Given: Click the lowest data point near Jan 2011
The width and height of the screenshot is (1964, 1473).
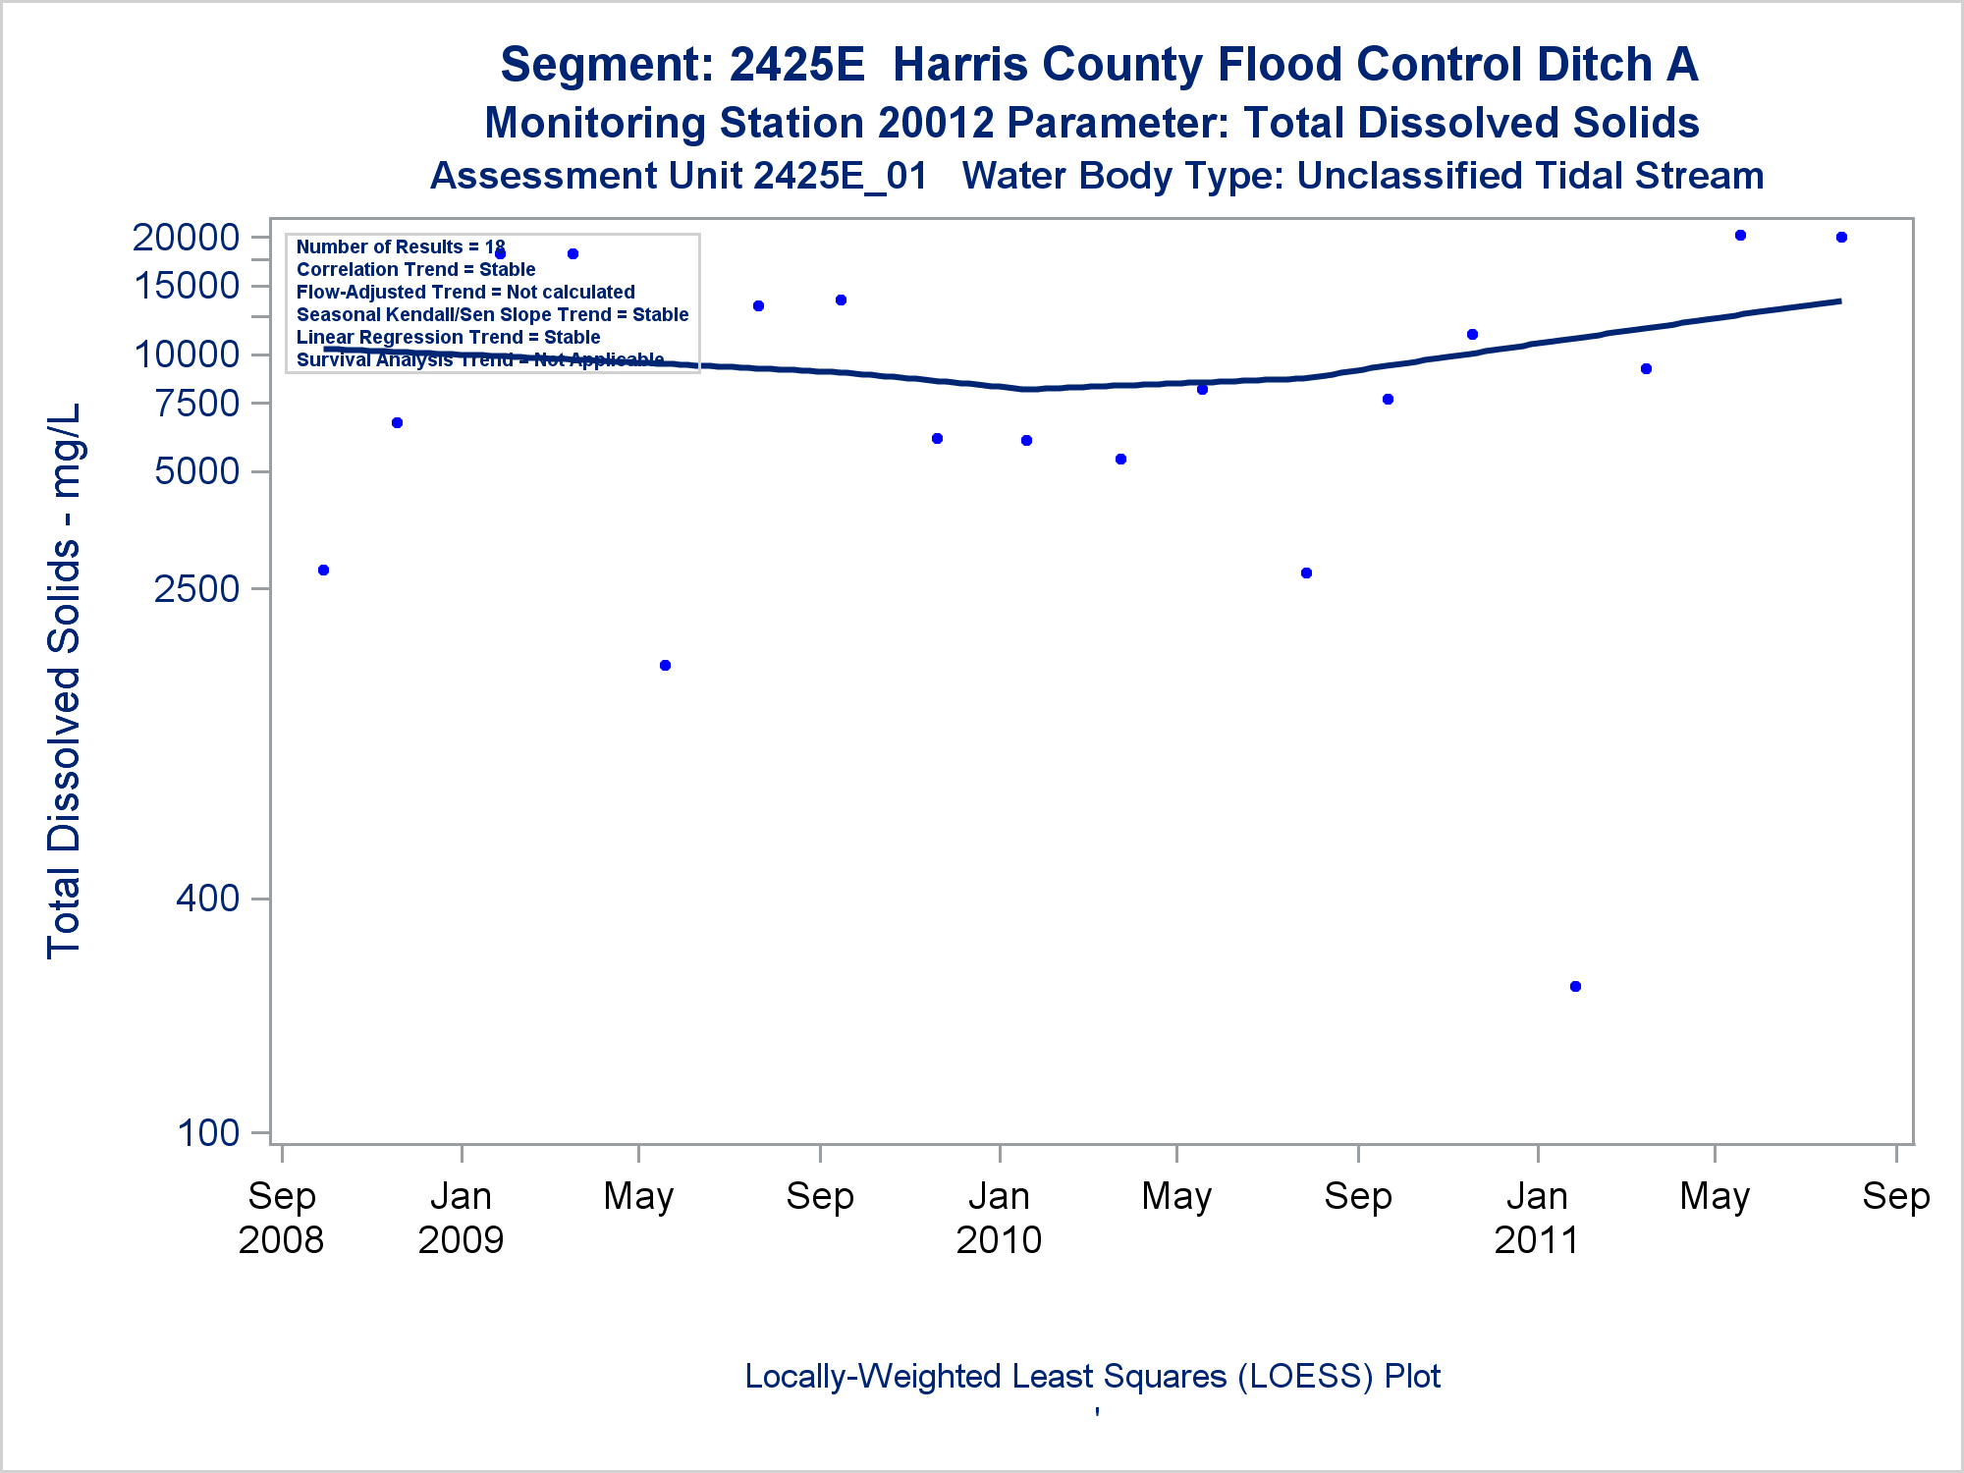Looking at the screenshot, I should tap(1575, 986).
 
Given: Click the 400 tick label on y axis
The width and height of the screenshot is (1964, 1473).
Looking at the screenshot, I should tap(207, 898).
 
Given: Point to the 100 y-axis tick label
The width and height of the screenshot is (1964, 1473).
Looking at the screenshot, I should tap(208, 1132).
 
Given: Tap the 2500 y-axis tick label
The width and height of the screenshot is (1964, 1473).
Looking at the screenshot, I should tap(196, 588).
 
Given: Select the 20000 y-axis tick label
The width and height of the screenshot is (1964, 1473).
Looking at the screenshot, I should tap(186, 237).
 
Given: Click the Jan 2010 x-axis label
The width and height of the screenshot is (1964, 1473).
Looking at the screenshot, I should tap(999, 1218).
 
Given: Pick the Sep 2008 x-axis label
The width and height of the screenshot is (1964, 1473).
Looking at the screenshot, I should tap(281, 1218).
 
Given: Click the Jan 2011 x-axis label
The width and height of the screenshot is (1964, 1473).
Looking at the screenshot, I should tap(1537, 1218).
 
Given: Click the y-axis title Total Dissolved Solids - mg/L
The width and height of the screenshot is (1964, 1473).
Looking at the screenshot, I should tap(65, 680).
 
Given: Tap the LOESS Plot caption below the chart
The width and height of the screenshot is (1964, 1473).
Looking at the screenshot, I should tap(1092, 1376).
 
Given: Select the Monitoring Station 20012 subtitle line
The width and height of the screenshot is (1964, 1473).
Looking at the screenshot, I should tap(1092, 124).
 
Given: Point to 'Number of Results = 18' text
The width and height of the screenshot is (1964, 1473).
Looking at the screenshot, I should tap(401, 246).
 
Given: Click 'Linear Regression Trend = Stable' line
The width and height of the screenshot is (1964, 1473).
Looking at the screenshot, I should tap(448, 337).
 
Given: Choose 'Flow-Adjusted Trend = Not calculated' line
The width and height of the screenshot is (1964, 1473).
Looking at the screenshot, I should tap(465, 292).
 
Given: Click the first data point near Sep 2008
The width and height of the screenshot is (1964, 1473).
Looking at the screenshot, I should tap(323, 570).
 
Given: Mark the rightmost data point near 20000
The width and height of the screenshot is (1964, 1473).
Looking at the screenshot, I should tap(1841, 237).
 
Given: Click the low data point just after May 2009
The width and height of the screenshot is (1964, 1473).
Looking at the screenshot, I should tap(665, 665).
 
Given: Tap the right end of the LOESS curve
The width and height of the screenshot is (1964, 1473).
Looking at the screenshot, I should tap(1839, 300).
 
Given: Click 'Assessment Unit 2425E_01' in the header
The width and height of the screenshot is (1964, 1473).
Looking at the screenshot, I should tap(679, 177).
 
